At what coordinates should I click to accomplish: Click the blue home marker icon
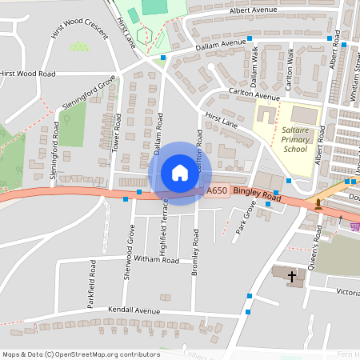click(x=180, y=173)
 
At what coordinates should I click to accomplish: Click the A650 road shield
click(x=217, y=190)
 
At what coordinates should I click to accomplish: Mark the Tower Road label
click(x=117, y=132)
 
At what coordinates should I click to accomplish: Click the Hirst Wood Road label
click(x=28, y=73)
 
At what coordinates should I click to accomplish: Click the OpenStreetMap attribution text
click(x=80, y=354)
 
